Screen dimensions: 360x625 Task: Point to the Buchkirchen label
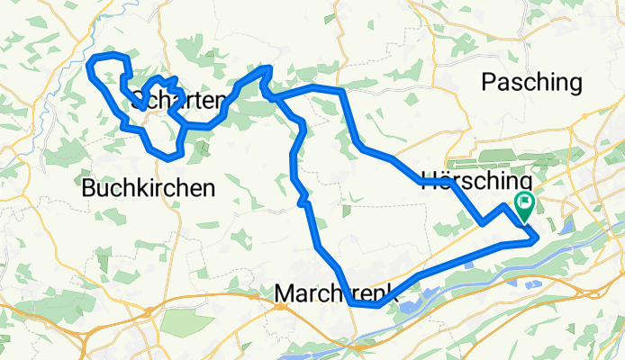pos(149,188)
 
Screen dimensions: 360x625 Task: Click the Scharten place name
pos(177,98)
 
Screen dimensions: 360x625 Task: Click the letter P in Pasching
pos(490,83)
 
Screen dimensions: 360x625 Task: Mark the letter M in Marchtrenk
pos(285,293)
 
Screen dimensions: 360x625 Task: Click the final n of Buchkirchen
pos(209,188)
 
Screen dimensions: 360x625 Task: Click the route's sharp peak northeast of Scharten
pos(266,68)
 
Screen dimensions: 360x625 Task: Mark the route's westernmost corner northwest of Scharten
pos(88,65)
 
